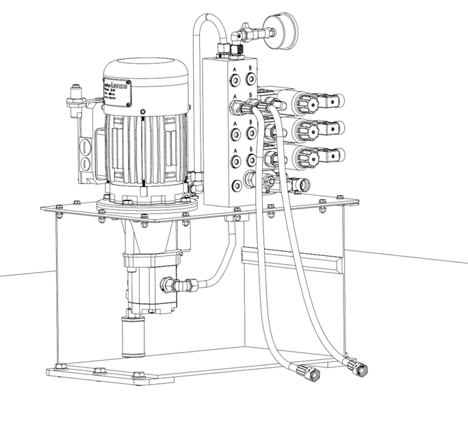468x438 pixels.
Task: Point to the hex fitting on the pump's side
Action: pyautogui.click(x=168, y=284)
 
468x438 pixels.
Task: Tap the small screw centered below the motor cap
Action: pyautogui.click(x=142, y=112)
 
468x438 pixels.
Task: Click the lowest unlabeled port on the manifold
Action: pyautogui.click(x=236, y=185)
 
